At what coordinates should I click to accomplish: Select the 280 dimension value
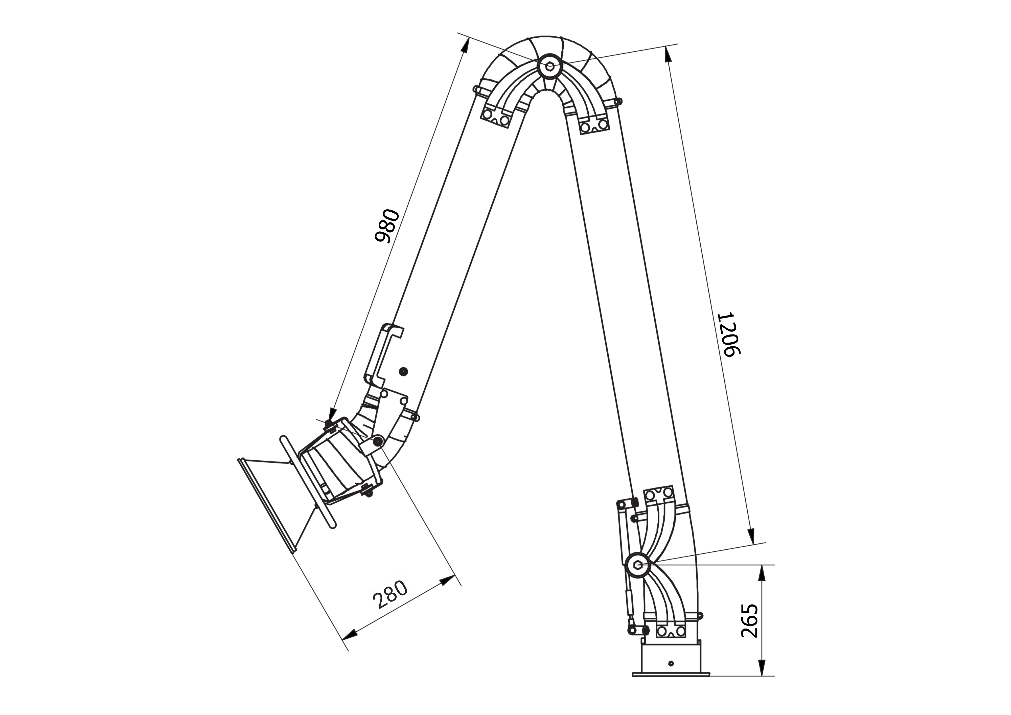coord(390,594)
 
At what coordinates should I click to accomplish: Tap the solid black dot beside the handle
coord(402,372)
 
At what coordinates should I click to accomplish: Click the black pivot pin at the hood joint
coord(377,441)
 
